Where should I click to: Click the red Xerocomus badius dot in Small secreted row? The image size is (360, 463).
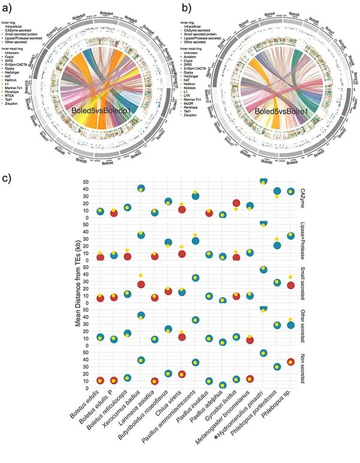click(x=141, y=283)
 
